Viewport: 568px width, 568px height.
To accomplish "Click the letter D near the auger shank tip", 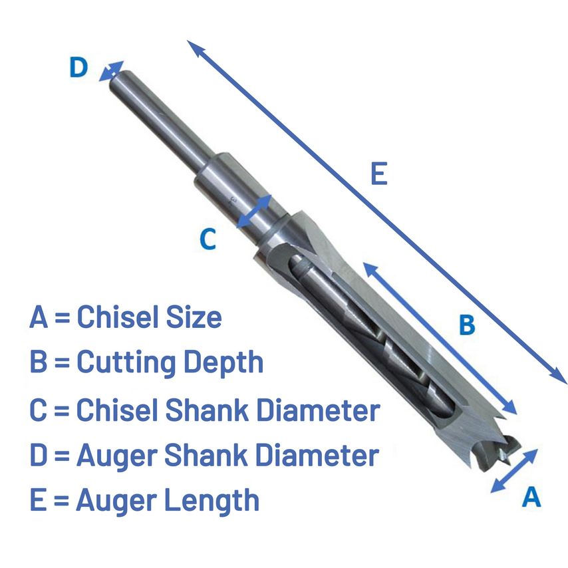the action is (78, 67).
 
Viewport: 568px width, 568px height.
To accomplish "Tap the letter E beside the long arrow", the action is (379, 174).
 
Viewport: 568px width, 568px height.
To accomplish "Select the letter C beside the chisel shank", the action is (208, 239).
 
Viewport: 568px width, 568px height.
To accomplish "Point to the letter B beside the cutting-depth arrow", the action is (467, 325).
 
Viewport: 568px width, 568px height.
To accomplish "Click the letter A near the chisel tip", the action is (531, 496).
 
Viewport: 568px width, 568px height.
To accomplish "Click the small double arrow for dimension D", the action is (111, 71).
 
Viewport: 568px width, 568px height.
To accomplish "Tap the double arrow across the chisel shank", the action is (254, 212).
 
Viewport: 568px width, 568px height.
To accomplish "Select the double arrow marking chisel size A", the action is (514, 470).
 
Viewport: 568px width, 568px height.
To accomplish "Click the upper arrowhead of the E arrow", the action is (196, 48).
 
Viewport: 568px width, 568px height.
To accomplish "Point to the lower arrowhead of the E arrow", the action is (559, 376).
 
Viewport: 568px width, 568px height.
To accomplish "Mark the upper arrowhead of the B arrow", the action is (370, 270).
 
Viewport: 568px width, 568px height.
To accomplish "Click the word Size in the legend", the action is (194, 317).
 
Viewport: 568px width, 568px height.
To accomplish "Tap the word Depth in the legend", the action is (223, 362).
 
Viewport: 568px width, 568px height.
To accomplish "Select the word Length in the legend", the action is (212, 500).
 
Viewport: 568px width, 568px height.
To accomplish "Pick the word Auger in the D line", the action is (116, 456).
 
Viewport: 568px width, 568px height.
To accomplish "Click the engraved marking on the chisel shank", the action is (232, 202).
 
